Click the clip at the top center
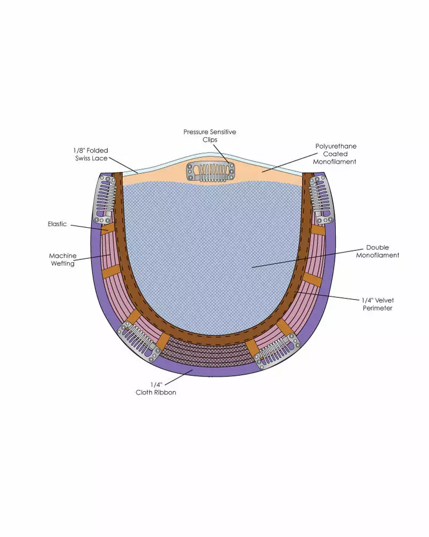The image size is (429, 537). click(x=211, y=172)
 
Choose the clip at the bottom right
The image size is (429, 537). click(x=277, y=351)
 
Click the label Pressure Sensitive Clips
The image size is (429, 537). click(x=210, y=136)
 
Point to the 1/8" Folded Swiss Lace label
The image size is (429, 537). click(x=91, y=154)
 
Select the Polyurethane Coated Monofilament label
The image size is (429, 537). click(x=335, y=154)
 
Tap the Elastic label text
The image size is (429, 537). click(x=57, y=224)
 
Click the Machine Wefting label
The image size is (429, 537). click(x=63, y=259)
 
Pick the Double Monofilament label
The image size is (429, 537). click(x=378, y=251)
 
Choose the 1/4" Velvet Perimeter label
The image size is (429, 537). click(x=378, y=304)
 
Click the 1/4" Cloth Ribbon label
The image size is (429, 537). click(x=156, y=388)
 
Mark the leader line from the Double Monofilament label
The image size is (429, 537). click(x=307, y=258)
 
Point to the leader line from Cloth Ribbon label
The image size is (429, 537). click(x=179, y=377)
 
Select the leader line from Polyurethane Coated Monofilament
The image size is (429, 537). click(x=290, y=162)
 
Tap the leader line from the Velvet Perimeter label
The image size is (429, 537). click(x=327, y=296)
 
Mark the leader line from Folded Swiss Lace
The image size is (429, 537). click(x=123, y=165)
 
